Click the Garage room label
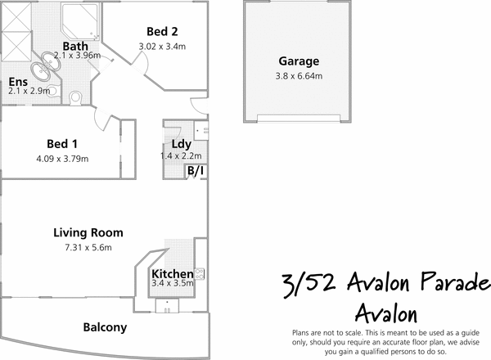click(299, 61)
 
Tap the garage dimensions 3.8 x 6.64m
click(299, 77)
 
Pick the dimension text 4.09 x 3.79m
click(62, 159)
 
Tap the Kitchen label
click(172, 273)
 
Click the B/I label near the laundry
click(196, 171)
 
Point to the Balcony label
click(106, 327)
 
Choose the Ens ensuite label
click(17, 82)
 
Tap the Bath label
click(76, 46)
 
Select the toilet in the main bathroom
click(76, 97)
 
